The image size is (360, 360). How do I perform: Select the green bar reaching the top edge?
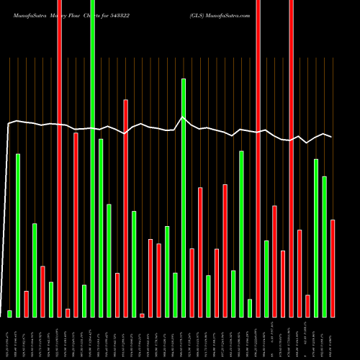point(93,158)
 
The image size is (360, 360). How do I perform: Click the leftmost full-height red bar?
point(59,158)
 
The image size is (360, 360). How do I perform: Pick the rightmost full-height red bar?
point(291,158)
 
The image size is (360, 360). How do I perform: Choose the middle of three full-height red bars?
point(258,158)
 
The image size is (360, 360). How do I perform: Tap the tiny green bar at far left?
point(9,313)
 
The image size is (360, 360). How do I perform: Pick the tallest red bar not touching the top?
point(125,208)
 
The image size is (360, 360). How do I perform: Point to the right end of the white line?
point(331,136)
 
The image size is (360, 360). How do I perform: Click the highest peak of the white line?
point(183,117)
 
